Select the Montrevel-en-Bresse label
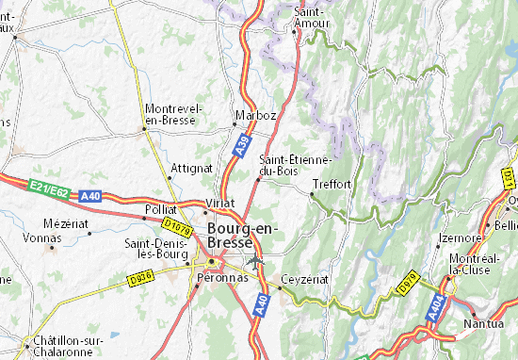(x=173, y=115)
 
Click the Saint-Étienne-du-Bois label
(x=293, y=164)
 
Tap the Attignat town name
(x=190, y=168)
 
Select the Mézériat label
(x=65, y=223)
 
